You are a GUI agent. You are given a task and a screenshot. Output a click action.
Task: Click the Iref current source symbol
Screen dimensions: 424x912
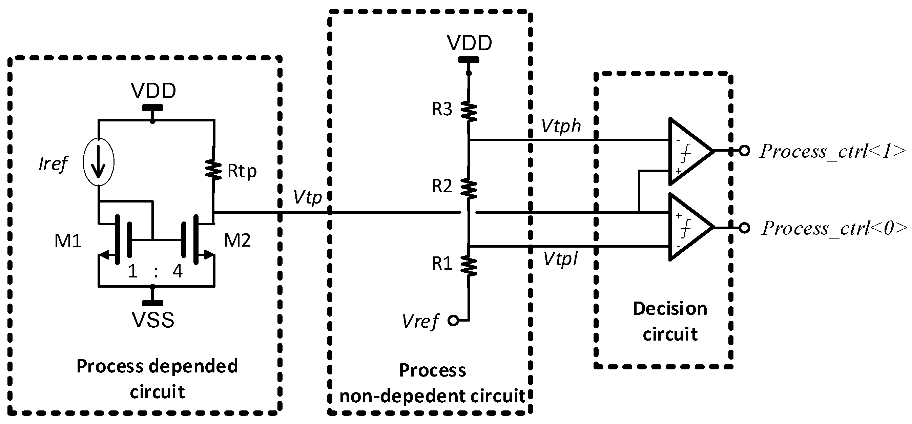click(99, 162)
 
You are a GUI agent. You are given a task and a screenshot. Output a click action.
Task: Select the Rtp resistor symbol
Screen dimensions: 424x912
click(213, 170)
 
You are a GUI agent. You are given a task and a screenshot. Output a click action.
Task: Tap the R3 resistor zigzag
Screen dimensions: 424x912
click(469, 111)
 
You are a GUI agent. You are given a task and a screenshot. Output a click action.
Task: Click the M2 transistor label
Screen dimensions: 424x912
click(237, 241)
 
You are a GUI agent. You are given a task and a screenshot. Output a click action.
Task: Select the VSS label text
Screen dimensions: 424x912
click(153, 320)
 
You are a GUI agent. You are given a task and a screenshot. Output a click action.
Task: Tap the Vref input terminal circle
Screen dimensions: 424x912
click(453, 321)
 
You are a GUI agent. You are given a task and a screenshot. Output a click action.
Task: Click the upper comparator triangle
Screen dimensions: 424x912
click(689, 152)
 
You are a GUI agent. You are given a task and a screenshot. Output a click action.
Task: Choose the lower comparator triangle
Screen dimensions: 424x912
click(689, 227)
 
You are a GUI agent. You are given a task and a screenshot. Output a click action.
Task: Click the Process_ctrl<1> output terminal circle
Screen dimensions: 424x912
click(745, 151)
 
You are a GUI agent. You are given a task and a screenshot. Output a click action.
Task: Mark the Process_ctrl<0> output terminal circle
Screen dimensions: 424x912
click(745, 228)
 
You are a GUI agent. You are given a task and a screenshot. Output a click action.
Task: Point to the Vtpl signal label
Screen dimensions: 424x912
click(560, 259)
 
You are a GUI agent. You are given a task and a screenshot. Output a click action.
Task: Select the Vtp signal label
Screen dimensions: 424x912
click(307, 198)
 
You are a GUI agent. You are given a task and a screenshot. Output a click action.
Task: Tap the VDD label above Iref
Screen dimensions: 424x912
click(153, 91)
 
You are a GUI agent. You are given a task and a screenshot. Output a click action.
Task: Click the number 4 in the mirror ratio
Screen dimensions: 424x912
click(177, 272)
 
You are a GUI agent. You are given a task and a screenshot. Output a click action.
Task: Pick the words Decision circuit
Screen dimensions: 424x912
click(670, 321)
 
